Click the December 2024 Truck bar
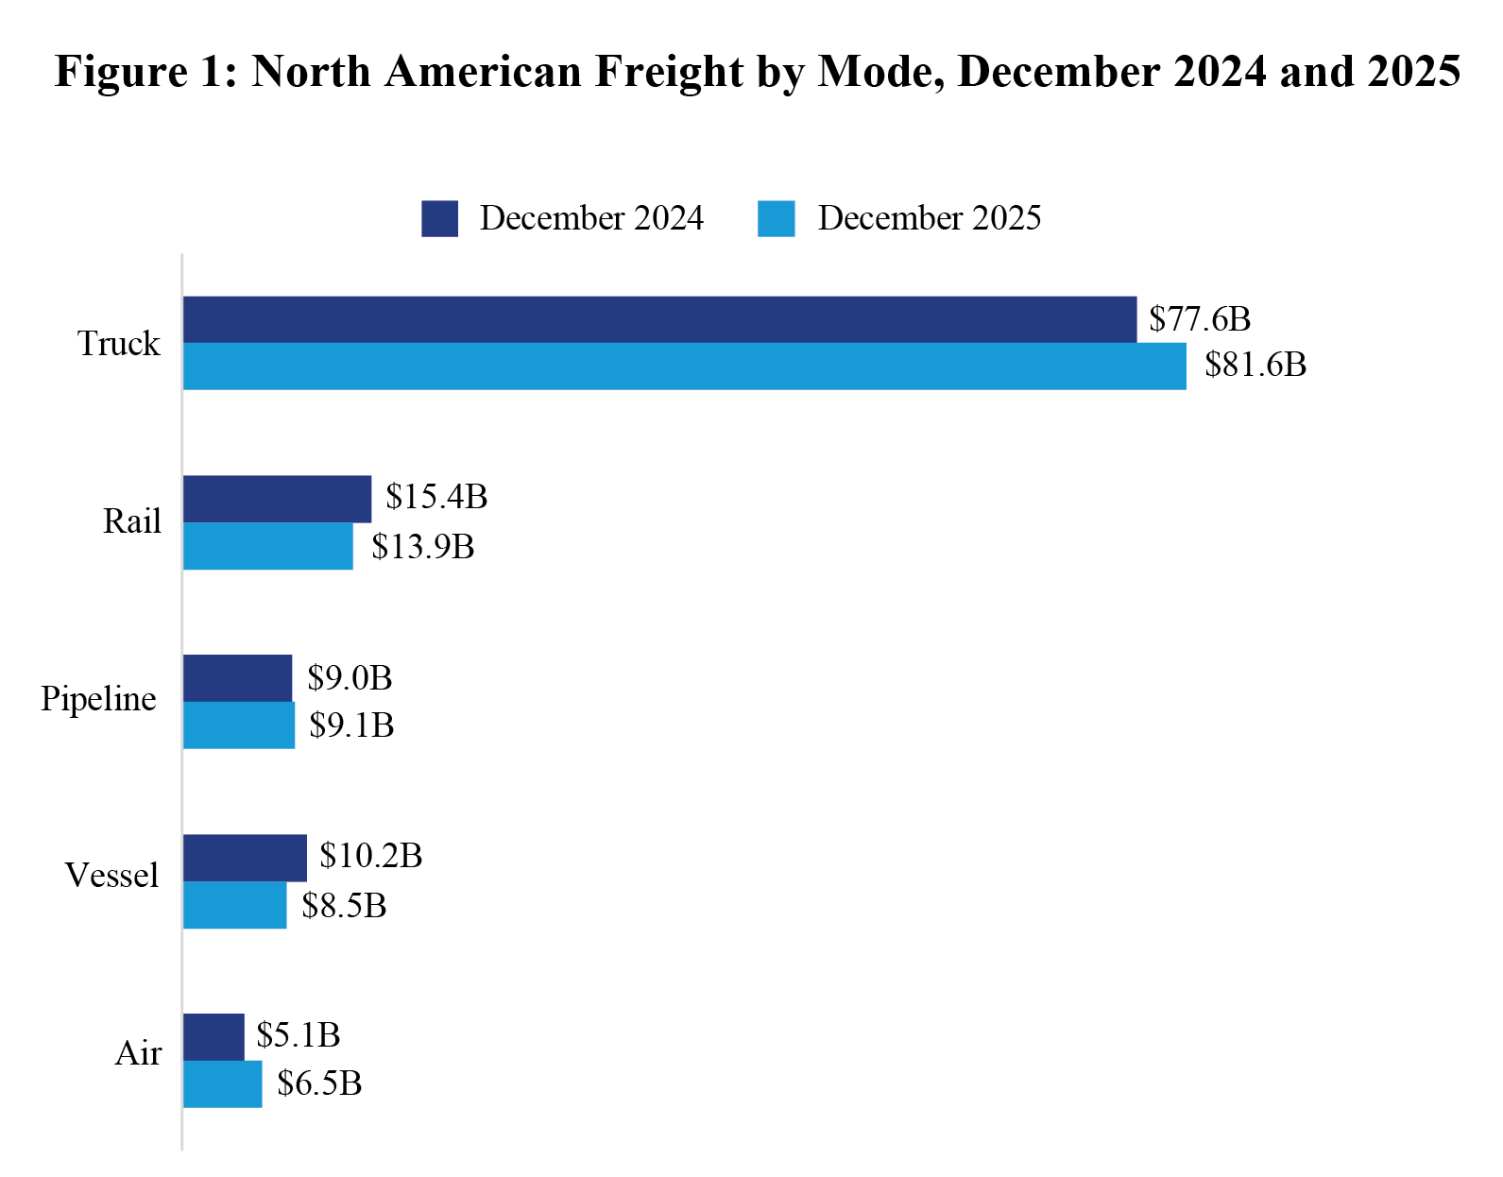tap(659, 319)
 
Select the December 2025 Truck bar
tap(684, 367)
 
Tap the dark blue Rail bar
tap(277, 499)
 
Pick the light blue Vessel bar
tap(234, 905)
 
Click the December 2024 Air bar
tap(213, 1037)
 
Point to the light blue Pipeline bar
tap(239, 725)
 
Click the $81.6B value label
tap(1255, 365)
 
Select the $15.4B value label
tap(436, 497)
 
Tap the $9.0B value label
tap(350, 678)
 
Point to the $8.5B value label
tap(344, 906)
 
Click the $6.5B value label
tap(319, 1083)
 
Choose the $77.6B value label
tap(1200, 319)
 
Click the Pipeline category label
tap(98, 700)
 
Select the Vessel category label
tap(111, 876)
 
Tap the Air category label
tap(138, 1053)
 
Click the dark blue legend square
tap(439, 218)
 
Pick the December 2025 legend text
tap(929, 218)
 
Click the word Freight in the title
tap(670, 72)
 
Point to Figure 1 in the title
tap(145, 72)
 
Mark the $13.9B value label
tap(422, 547)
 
